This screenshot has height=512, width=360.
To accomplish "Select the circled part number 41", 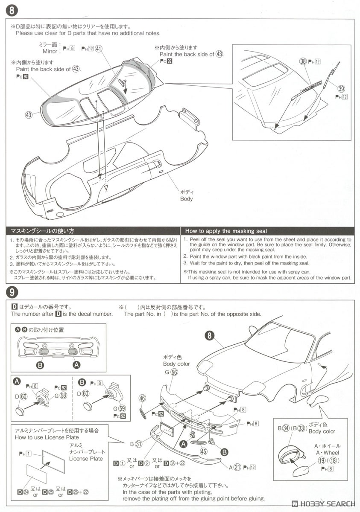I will click(x=99, y=49).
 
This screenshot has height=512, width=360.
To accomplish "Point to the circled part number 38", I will click(x=303, y=61).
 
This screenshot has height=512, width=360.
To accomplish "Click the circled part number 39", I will click(x=341, y=88).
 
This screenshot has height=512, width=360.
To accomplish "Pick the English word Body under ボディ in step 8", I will click(x=186, y=199).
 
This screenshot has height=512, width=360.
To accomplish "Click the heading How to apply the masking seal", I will click(x=226, y=231).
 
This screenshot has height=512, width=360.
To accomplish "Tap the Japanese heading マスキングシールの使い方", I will click(x=42, y=231).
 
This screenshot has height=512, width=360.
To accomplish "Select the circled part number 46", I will click(x=142, y=399).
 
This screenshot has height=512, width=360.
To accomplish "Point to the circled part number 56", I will click(x=174, y=372).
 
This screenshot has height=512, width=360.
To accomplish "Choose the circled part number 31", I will click(x=138, y=444).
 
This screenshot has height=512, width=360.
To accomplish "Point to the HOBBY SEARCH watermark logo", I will click(x=323, y=504).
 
